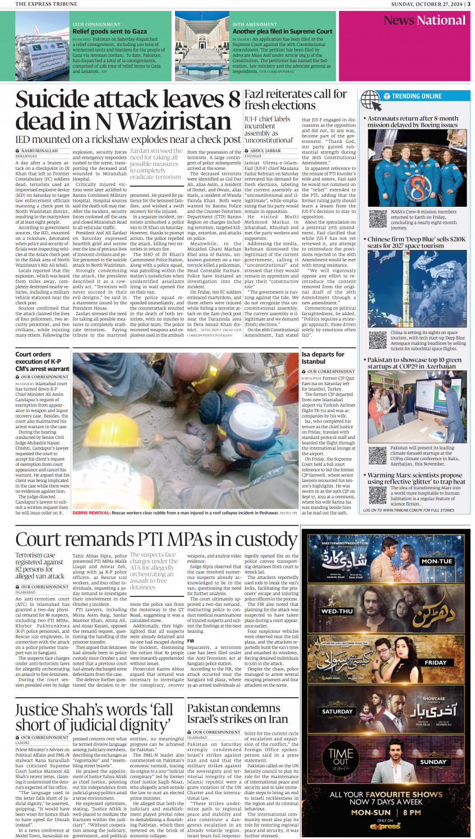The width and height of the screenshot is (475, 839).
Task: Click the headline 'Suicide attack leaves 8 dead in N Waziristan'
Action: click(x=128, y=111)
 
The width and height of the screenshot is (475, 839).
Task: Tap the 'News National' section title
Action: click(x=425, y=21)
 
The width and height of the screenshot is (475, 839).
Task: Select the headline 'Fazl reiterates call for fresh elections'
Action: click(x=296, y=100)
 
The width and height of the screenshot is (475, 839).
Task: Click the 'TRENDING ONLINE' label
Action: click(x=417, y=96)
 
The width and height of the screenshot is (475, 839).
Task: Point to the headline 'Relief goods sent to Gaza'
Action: click(x=109, y=31)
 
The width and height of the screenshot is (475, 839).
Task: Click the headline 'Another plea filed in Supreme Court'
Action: click(x=282, y=31)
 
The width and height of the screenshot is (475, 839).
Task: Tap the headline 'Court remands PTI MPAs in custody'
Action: click(x=156, y=539)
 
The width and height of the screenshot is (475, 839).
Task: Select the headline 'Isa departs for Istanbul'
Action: click(x=322, y=358)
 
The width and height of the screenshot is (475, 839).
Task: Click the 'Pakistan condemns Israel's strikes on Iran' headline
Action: click(x=237, y=713)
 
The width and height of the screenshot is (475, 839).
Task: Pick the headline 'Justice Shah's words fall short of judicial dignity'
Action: click(x=94, y=717)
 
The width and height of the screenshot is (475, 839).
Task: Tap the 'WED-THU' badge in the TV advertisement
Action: click(x=337, y=611)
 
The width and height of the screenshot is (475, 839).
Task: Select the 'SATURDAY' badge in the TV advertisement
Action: click(x=337, y=711)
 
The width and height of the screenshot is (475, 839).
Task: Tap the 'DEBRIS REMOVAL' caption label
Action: click(x=91, y=513)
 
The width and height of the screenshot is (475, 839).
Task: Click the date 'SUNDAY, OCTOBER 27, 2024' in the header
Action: click(x=426, y=4)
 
